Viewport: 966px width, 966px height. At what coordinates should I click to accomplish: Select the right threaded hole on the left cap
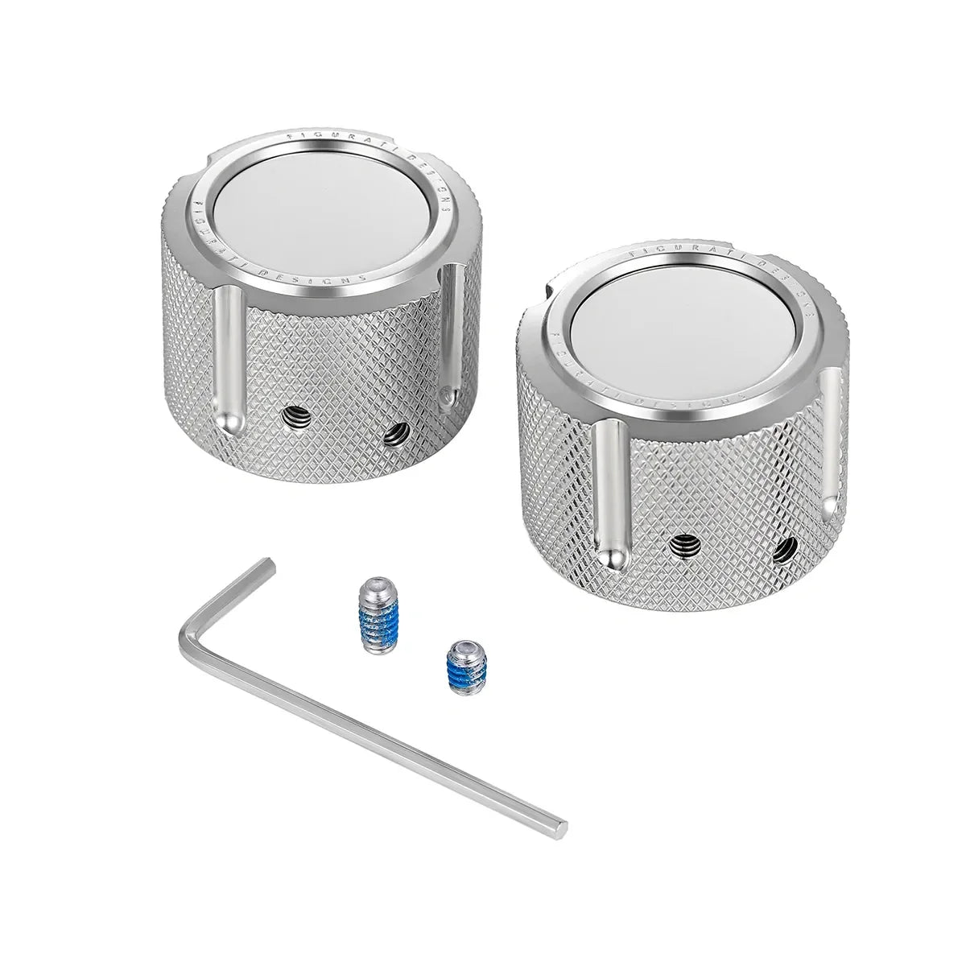394,436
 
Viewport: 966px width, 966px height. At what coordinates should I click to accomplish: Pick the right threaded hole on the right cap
781,551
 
